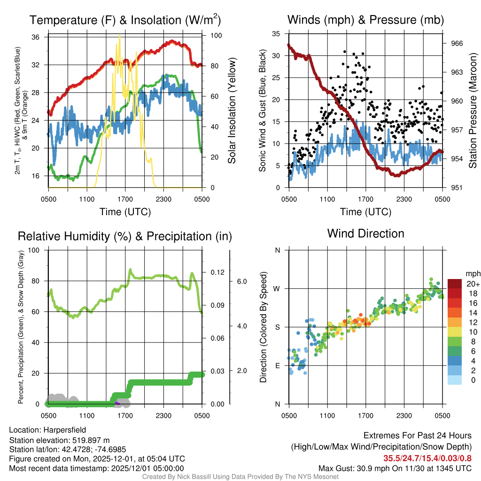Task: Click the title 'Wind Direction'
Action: tap(365, 233)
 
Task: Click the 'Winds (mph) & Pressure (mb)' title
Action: tap(365, 20)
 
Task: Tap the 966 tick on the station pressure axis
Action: tap(457, 43)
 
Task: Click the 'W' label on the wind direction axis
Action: tap(277, 288)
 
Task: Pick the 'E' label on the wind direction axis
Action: tap(278, 365)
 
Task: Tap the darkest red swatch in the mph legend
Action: tap(456, 284)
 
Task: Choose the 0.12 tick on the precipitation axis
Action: tap(216, 272)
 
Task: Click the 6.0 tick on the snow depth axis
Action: tap(241, 281)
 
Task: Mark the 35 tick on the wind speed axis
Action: tap(277, 33)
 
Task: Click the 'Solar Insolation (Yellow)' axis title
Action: tap(232, 110)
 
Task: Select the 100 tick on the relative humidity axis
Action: tap(35, 250)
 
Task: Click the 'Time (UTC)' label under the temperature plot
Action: tap(125, 212)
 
